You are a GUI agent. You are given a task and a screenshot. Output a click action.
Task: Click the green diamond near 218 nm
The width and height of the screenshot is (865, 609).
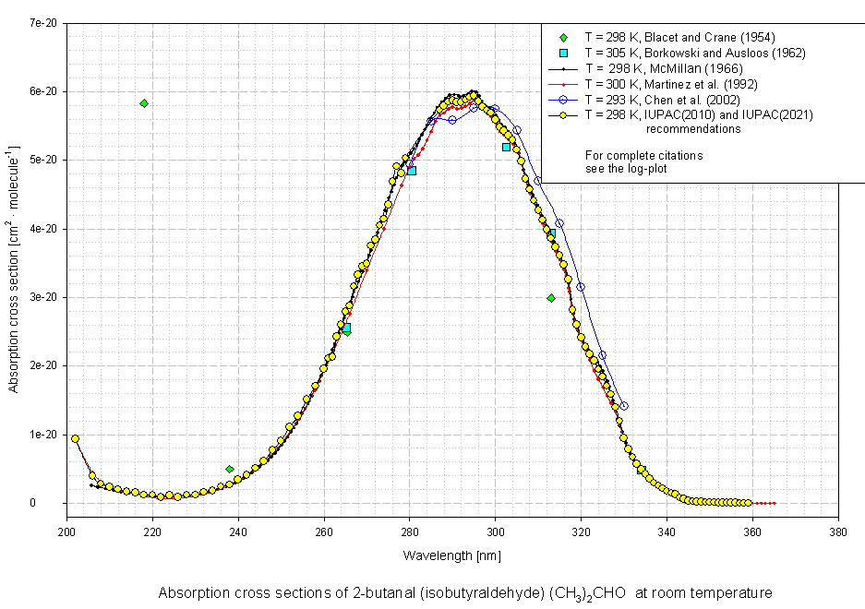(x=144, y=103)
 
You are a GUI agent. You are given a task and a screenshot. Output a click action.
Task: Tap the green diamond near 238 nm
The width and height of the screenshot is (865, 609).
(x=230, y=469)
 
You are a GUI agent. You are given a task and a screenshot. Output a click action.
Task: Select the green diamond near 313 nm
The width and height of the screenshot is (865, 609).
(x=551, y=298)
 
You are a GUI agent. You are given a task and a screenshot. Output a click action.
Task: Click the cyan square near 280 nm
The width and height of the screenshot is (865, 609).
(x=412, y=171)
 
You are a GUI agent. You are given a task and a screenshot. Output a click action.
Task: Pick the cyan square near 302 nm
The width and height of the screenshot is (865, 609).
(x=506, y=147)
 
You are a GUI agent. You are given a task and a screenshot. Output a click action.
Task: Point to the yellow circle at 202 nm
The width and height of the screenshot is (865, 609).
(x=76, y=438)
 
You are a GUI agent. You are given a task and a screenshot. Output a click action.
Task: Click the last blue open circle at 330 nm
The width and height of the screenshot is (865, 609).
(x=624, y=406)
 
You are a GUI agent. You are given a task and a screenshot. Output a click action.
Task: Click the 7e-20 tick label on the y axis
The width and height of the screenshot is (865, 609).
(x=45, y=23)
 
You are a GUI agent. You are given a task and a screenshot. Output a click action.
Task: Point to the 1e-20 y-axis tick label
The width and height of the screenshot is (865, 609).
(x=45, y=435)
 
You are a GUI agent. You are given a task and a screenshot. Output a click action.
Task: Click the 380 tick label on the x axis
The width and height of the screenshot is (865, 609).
(x=838, y=532)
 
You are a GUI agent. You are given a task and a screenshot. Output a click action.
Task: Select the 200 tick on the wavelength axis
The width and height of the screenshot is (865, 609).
(x=66, y=532)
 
